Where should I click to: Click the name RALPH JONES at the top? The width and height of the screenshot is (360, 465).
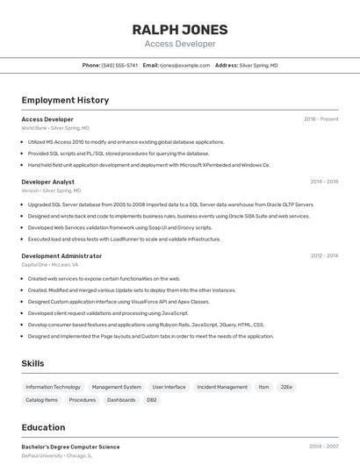[x=179, y=29]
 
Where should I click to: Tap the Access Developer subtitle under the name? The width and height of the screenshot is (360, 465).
[x=179, y=44]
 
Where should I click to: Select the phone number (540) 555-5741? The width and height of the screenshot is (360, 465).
[x=119, y=66]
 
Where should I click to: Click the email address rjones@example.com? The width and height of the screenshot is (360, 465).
[x=184, y=66]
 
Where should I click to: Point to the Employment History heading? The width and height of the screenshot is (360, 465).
[x=65, y=100]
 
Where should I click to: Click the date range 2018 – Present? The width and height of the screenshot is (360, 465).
[x=320, y=119]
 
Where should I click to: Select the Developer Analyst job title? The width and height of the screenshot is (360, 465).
[x=47, y=182]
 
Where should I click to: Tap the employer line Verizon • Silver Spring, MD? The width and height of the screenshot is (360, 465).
[x=51, y=190]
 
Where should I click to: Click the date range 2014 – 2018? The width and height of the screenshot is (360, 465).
[x=324, y=182]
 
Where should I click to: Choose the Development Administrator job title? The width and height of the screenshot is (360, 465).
[x=61, y=256]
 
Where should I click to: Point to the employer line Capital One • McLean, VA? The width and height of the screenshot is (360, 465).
[x=50, y=264]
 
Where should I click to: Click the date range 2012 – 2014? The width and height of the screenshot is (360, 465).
[x=324, y=256]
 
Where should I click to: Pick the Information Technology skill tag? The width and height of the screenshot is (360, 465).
[x=53, y=387]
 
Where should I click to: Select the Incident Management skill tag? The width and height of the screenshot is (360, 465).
[x=222, y=387]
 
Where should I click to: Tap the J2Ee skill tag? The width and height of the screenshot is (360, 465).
[x=286, y=387]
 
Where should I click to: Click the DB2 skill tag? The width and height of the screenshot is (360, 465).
[x=152, y=400]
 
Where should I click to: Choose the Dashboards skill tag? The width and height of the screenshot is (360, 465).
[x=121, y=400]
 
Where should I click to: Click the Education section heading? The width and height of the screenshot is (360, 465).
[x=43, y=428]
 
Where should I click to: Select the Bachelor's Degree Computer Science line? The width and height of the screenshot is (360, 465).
[x=70, y=447]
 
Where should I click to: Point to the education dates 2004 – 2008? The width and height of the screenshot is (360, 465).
[x=323, y=447]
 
